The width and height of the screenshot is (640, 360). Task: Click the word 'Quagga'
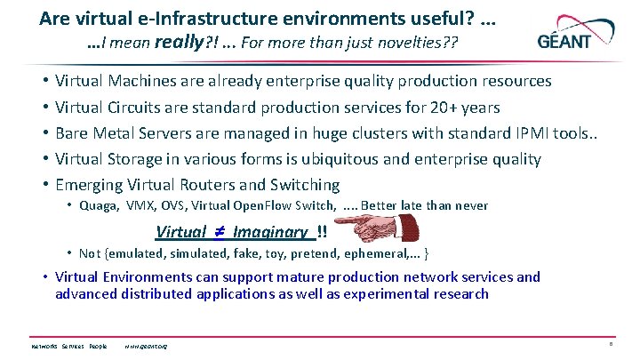(x=97, y=205)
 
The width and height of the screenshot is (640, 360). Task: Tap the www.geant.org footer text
(x=147, y=346)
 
